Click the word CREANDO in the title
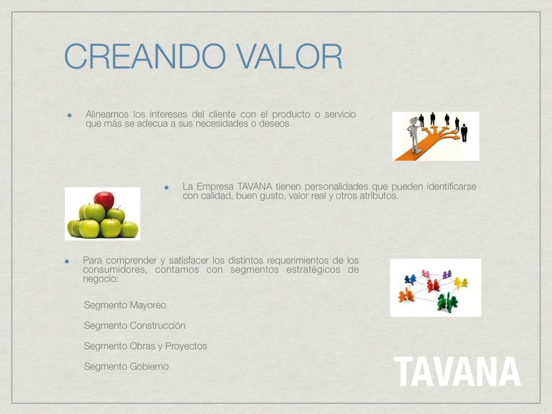(x=144, y=57)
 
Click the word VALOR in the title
(x=289, y=57)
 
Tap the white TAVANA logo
(x=457, y=371)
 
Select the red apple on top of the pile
(x=104, y=201)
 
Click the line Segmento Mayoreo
(x=125, y=305)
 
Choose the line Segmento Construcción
(x=134, y=325)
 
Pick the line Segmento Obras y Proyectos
(x=146, y=346)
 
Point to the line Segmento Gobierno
(x=126, y=367)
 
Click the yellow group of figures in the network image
(x=460, y=282)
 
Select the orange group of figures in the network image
(x=406, y=295)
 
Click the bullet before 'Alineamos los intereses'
(x=70, y=115)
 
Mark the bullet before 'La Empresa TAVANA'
(x=167, y=188)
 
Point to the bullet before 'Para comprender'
(x=66, y=261)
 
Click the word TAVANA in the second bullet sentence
(x=254, y=186)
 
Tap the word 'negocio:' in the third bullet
(x=101, y=279)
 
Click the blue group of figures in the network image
(x=410, y=280)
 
